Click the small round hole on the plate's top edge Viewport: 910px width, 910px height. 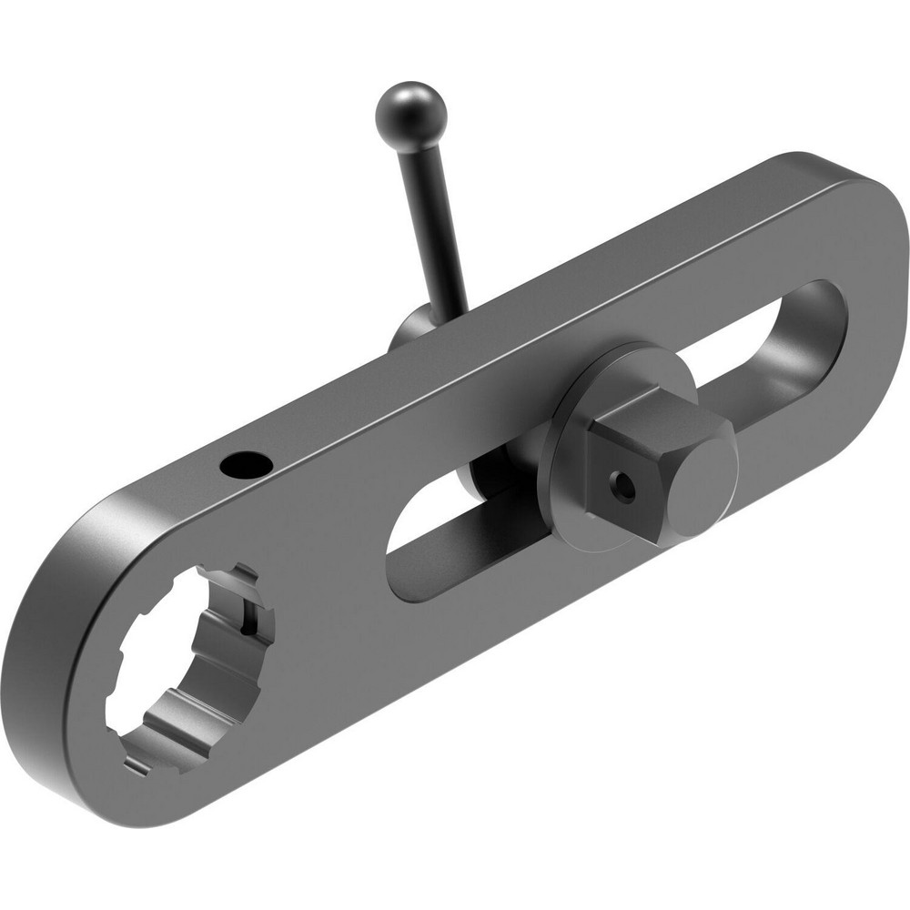[x=247, y=465]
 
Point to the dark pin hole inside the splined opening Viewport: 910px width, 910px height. [x=247, y=626]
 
